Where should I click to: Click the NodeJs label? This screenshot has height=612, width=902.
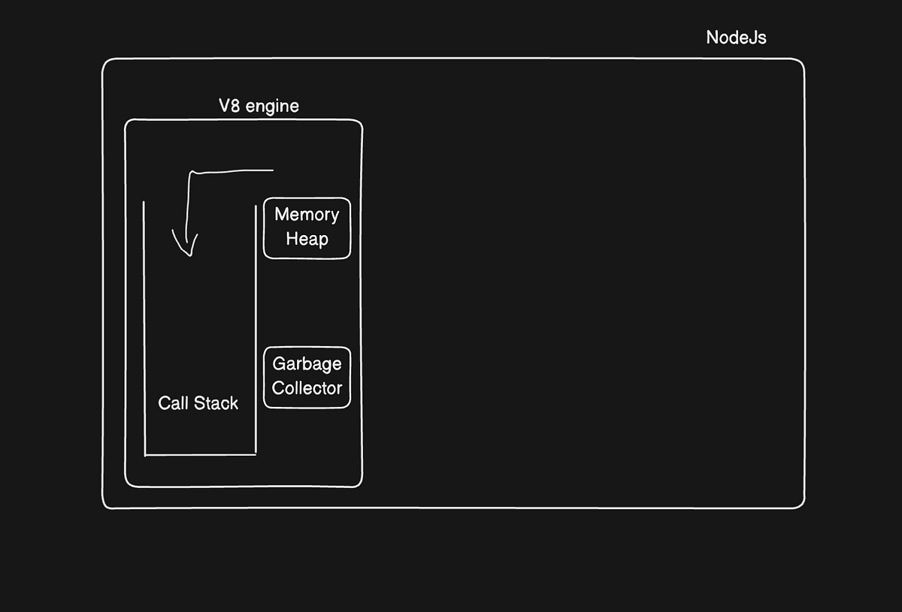736,38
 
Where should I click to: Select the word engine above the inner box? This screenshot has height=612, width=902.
272,107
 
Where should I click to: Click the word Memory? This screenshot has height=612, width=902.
307,215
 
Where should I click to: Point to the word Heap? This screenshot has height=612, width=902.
307,240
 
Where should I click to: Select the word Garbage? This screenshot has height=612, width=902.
307,364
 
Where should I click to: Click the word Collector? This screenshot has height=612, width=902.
307,388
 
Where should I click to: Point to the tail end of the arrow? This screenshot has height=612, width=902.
271,170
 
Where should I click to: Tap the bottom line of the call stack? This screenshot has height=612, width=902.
200,454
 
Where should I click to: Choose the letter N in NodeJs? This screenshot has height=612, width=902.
712,38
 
